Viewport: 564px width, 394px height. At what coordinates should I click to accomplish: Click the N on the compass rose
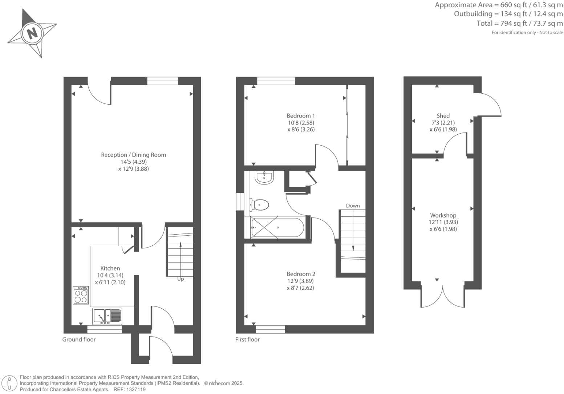pyautogui.click(x=32, y=33)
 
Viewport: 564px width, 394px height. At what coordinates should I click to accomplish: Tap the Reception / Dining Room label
pyautogui.click(x=133, y=155)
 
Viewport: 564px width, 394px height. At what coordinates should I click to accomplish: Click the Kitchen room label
pyautogui.click(x=110, y=268)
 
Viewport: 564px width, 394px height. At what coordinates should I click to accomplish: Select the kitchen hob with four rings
pyautogui.click(x=81, y=295)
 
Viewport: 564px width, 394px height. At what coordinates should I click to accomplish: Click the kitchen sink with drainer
pyautogui.click(x=107, y=316)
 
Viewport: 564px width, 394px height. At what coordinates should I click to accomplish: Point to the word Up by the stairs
pyautogui.click(x=180, y=279)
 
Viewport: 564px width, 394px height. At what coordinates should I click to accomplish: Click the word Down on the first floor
pyautogui.click(x=353, y=206)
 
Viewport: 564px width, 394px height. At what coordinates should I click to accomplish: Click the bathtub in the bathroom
pyautogui.click(x=277, y=227)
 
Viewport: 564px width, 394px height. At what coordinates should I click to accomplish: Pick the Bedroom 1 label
pyautogui.click(x=301, y=116)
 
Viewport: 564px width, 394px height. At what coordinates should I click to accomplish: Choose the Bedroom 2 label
pyautogui.click(x=301, y=274)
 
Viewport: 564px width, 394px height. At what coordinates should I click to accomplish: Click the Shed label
pyautogui.click(x=443, y=116)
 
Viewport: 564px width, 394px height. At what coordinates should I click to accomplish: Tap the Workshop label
pyautogui.click(x=443, y=215)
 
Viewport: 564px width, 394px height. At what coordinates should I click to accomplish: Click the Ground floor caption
pyautogui.click(x=79, y=340)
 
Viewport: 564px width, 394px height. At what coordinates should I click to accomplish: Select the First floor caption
pyautogui.click(x=247, y=340)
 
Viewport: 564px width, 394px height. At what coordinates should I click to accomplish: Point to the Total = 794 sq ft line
pyautogui.click(x=520, y=24)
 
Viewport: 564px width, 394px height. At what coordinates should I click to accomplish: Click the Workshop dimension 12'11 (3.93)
pyautogui.click(x=443, y=222)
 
